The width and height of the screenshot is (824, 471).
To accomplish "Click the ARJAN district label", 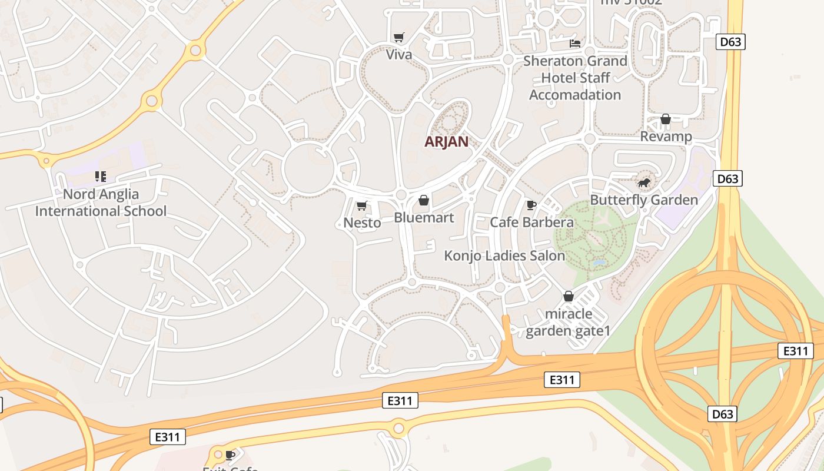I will tap(447, 142).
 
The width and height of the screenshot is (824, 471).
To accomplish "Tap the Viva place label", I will tap(399, 55).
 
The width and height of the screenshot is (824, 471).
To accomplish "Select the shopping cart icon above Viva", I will tap(399, 38).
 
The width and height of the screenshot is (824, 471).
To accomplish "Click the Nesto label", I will tap(362, 223).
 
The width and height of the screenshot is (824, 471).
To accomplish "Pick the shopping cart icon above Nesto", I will tap(362, 205).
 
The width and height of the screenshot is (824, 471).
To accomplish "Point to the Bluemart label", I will tap(424, 218).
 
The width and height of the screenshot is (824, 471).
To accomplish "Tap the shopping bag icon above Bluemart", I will tap(424, 201).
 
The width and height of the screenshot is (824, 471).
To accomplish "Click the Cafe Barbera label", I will tap(531, 223).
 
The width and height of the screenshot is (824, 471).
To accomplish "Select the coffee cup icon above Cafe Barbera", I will tap(531, 205).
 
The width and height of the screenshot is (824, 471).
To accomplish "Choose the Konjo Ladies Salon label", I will tap(504, 256).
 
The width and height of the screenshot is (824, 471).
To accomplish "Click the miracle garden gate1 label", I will tap(569, 322).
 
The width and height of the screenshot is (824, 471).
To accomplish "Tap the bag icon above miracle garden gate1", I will tap(569, 296).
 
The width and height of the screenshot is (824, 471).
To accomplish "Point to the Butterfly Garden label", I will tap(644, 200).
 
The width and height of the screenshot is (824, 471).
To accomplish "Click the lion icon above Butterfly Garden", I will tap(644, 183).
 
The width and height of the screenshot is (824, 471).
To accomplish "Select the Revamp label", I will tap(666, 137).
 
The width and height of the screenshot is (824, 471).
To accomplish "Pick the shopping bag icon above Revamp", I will tap(666, 120).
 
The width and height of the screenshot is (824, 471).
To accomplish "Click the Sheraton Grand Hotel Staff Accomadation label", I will tap(575, 78).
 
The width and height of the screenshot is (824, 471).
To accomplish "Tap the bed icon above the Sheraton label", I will tap(575, 44).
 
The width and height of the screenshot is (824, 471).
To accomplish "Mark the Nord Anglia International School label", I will tap(101, 203).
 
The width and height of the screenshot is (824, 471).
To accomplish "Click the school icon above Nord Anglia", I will tap(101, 177).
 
